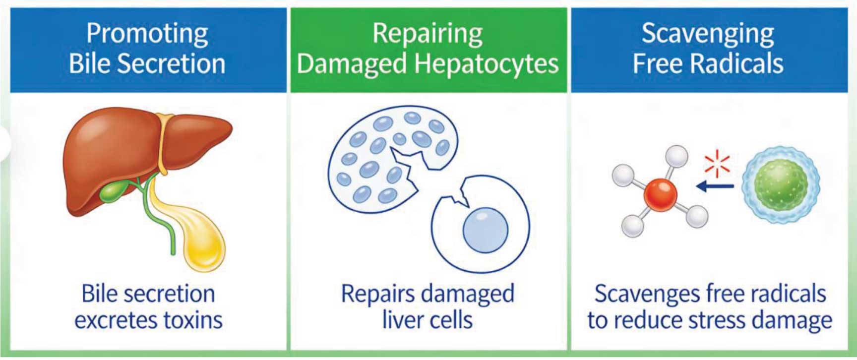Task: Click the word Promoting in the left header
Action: coord(147,34)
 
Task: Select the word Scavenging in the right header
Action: coord(708,34)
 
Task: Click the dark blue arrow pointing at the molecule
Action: coord(715,186)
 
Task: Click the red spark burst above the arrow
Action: coord(717,165)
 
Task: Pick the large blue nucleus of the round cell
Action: coord(485,230)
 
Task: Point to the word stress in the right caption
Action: coord(718,320)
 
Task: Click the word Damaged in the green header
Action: coord(352,64)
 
